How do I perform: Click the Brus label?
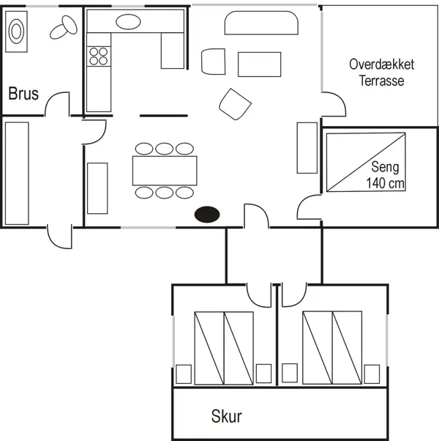point(23,94)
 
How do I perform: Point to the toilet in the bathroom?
point(64,29)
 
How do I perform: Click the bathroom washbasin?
point(17,31)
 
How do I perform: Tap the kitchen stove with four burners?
point(98,56)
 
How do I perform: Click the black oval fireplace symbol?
point(207,215)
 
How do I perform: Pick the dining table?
point(165,171)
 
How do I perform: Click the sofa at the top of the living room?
point(262,26)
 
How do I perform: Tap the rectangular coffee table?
point(258,64)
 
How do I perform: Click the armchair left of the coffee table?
point(213,61)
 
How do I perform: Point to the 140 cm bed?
point(365,160)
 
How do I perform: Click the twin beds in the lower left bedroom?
point(224,346)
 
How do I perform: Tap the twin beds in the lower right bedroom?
point(332,346)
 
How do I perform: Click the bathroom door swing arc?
point(58,105)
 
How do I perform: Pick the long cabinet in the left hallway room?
point(16,173)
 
